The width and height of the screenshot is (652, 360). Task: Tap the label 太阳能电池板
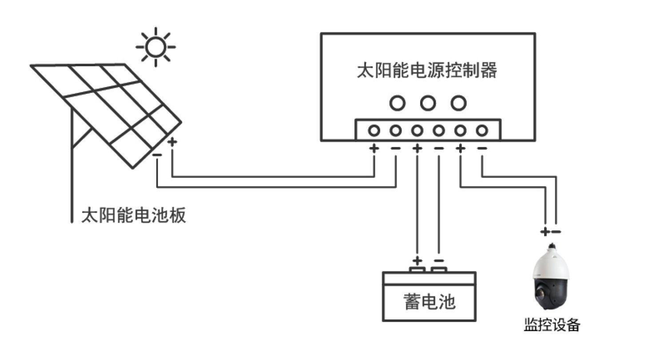pyautogui.click(x=134, y=215)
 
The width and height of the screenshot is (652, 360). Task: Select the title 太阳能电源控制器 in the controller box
pyautogui.click(x=427, y=70)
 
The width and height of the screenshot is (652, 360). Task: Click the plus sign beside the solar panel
pyautogui.click(x=172, y=142)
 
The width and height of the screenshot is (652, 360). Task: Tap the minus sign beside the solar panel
pyautogui.click(x=157, y=155)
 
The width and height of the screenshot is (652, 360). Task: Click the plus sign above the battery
pyautogui.click(x=417, y=261)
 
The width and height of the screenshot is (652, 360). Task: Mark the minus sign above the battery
pyautogui.click(x=439, y=261)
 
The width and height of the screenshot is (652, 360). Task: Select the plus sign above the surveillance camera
pyautogui.click(x=545, y=232)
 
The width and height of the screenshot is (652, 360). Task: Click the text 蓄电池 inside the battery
pyautogui.click(x=429, y=302)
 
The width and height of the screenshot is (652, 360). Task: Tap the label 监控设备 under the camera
pyautogui.click(x=552, y=324)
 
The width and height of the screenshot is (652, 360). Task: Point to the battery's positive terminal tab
pyautogui.click(x=417, y=270)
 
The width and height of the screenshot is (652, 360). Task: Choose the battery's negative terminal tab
pyautogui.click(x=439, y=270)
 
